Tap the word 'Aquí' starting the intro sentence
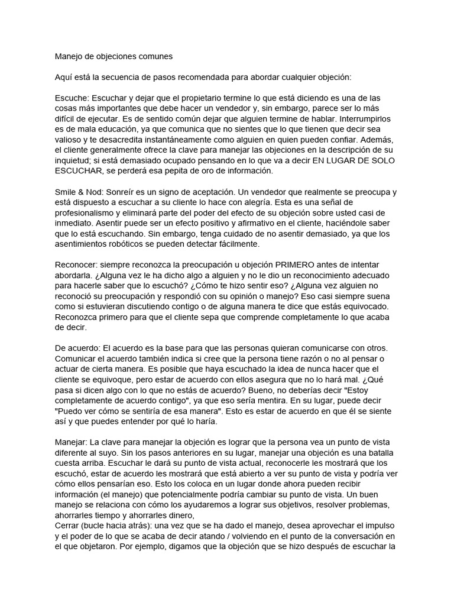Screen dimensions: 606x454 tap(64, 78)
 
